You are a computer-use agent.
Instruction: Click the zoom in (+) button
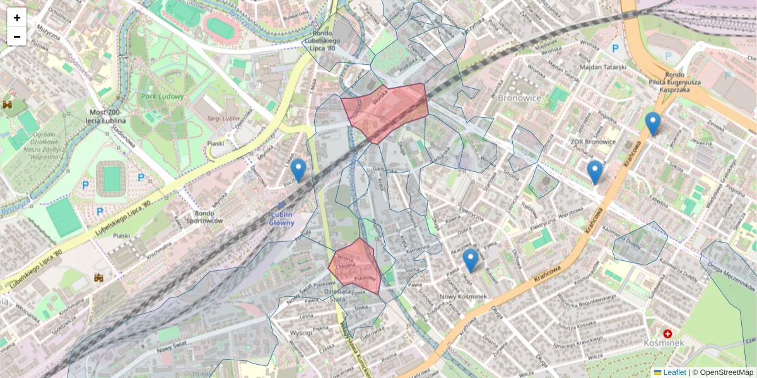click(17, 18)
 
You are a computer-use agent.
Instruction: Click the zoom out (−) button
click(17, 37)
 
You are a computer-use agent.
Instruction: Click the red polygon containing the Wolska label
click(385, 110)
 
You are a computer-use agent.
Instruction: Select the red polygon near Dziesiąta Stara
click(355, 266)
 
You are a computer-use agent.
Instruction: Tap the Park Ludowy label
click(163, 96)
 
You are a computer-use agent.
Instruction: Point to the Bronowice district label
click(519, 98)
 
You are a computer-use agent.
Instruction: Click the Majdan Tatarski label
click(602, 67)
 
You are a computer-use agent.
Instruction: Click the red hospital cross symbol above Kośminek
click(667, 333)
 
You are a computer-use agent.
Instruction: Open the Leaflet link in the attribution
click(674, 372)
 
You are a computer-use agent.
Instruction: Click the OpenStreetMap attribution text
click(726, 372)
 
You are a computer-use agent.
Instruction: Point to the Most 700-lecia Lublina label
click(104, 116)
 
